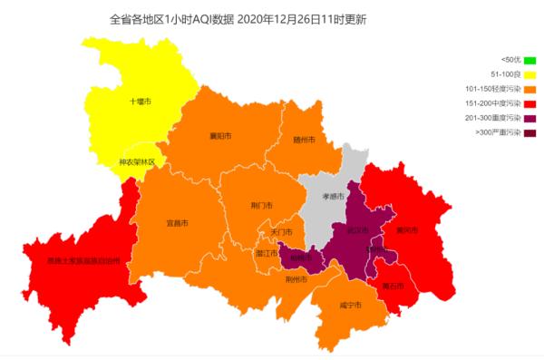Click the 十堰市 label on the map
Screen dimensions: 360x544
click(x=140, y=102)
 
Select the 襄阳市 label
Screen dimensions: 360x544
click(x=220, y=136)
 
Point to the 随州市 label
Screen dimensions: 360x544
click(x=304, y=141)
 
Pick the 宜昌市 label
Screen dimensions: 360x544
click(x=178, y=222)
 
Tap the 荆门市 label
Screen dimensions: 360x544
click(x=261, y=206)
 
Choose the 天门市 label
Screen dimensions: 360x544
click(x=281, y=232)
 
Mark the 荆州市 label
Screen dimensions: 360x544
click(x=296, y=279)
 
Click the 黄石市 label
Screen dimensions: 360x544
click(x=393, y=286)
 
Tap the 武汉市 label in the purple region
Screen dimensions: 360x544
click(x=357, y=229)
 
